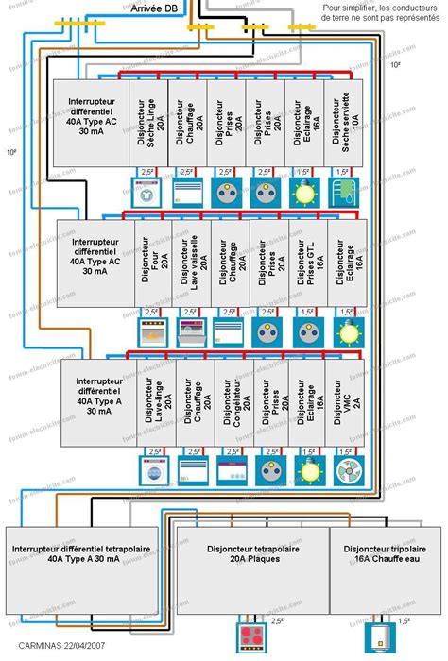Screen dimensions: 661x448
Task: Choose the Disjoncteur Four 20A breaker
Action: [x=154, y=262]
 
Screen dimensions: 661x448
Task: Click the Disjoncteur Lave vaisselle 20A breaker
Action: [x=192, y=262]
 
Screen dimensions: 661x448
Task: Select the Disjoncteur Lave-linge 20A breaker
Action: [x=158, y=402]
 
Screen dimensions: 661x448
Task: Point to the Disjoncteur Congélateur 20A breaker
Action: [x=235, y=402]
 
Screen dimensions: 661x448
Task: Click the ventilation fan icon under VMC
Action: [x=347, y=469]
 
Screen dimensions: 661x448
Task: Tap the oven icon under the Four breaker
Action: [x=152, y=330]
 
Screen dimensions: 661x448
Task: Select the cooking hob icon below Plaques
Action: [x=252, y=634]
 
